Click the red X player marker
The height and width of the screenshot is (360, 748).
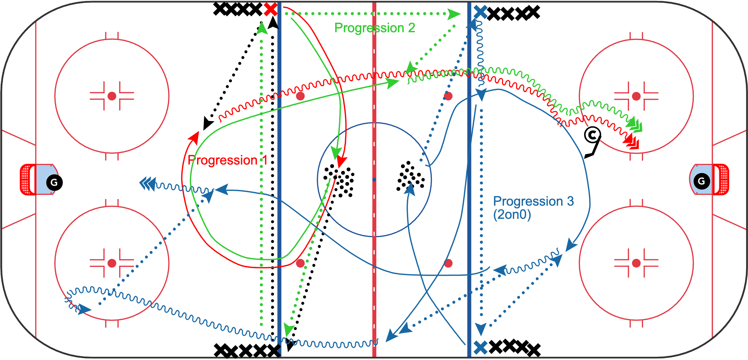point(270,10)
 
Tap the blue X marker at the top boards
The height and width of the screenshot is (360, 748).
point(480,12)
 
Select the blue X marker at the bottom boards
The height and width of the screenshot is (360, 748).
point(481,347)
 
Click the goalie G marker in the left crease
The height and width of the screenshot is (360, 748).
point(54,182)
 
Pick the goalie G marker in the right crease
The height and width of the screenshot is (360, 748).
point(702,181)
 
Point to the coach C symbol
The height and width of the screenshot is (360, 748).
point(592,135)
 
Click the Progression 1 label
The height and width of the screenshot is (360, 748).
point(227,160)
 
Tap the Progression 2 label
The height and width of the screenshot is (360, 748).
point(375,28)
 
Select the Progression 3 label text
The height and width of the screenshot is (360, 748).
point(533,201)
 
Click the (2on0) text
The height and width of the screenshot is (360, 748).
point(512,215)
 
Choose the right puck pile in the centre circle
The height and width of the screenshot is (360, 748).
point(411,176)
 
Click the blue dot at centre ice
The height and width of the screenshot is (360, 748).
point(374,180)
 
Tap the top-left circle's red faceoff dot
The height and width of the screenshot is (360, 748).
point(112,96)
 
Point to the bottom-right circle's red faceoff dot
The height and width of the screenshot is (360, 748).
point(636,263)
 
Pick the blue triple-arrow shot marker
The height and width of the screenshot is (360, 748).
point(147,184)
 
